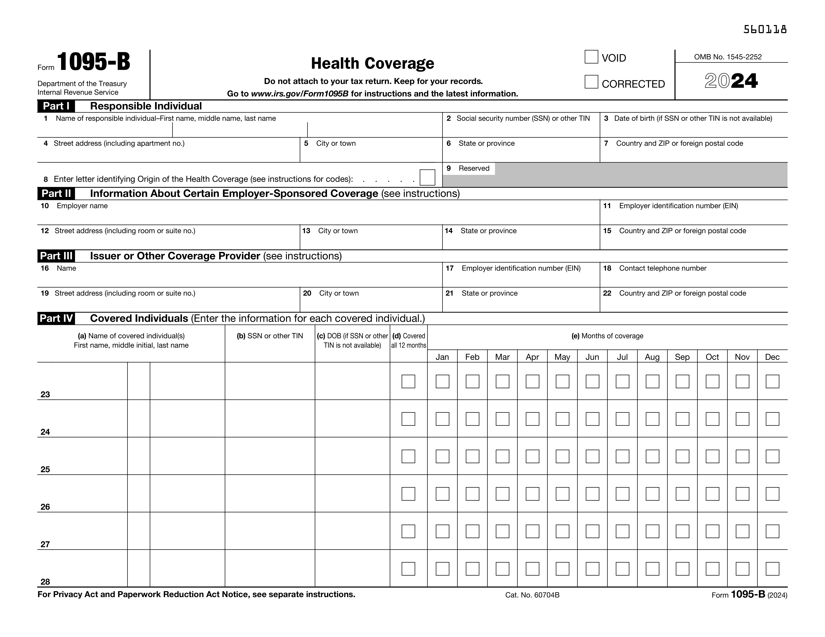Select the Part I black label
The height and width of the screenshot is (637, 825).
[x=56, y=106]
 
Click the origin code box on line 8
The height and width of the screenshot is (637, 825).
[x=427, y=177]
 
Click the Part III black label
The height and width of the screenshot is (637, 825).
[x=56, y=256]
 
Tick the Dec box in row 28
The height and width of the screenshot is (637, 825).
[x=772, y=569]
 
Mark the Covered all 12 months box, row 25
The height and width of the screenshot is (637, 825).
[x=408, y=456]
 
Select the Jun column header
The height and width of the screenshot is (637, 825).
[x=592, y=357]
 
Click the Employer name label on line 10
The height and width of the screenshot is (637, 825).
[x=82, y=206]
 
